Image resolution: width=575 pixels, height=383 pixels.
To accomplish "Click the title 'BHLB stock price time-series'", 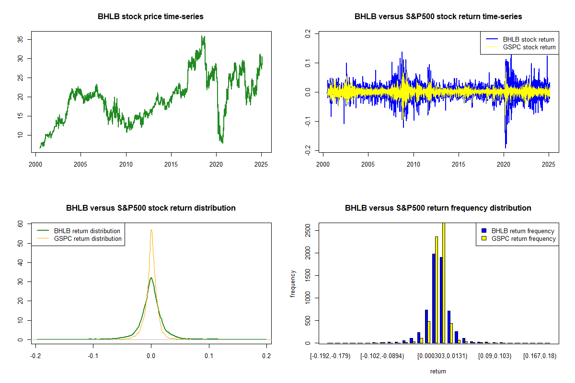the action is tap(150, 16).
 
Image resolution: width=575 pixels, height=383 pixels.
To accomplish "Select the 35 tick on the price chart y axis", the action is tap(20, 40).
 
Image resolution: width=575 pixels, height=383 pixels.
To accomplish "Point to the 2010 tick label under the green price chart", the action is tap(126, 164).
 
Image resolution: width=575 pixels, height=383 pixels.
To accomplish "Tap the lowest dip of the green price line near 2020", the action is tap(222, 143).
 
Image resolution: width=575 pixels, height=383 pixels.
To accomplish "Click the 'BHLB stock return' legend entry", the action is tap(520, 40).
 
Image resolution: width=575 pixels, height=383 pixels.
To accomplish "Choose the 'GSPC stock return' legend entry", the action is tap(520, 47).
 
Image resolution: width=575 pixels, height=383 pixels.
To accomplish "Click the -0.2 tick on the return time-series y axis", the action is tap(308, 150).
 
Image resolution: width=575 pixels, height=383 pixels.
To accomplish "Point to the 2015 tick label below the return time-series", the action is tap(459, 164).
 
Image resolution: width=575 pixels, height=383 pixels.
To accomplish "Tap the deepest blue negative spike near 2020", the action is tap(506, 147).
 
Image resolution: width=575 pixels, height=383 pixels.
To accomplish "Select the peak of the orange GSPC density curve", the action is tap(151, 230).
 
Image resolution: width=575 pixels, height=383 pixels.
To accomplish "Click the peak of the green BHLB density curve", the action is tap(151, 278).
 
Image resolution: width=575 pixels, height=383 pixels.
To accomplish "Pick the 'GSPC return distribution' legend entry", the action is tap(80, 238).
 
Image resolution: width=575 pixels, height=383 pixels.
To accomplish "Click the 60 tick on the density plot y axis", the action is tap(20, 224).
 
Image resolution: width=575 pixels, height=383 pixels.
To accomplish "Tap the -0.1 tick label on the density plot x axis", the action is tap(93, 356).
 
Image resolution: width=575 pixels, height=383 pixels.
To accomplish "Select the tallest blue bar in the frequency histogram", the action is tap(434, 298).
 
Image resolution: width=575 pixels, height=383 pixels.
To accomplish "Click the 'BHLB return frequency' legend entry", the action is tap(518, 231).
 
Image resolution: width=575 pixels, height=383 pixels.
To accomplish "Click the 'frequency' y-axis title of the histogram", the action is tap(293, 284).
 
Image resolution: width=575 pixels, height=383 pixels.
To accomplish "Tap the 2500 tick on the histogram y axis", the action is tap(308, 231).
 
